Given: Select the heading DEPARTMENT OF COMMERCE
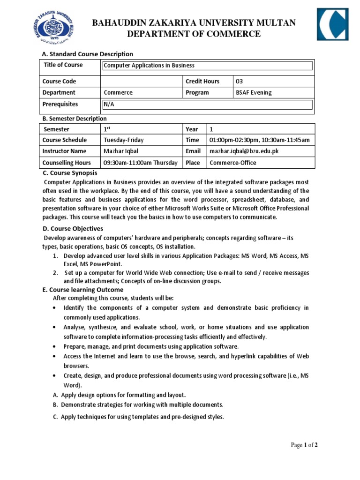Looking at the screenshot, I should pos(193,34).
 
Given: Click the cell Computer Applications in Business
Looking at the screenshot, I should pos(149,66).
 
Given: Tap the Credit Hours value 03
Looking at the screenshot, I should pos(240,82).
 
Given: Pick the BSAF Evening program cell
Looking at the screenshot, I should pos(254,93).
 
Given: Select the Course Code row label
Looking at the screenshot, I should pos(59,82).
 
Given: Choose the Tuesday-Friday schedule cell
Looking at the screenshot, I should pos(124,140).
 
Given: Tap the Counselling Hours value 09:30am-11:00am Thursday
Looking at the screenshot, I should pos(140,163).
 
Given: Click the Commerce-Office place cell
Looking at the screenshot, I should pos(233,163).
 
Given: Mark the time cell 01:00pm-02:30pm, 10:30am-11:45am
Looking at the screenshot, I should pos(259,140).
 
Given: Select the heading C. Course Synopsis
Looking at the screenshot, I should pos(70,173).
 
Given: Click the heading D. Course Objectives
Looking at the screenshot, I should pos(73,229).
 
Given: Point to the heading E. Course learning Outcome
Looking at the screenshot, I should pos(83,290).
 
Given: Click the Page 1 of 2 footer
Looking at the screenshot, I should pos(304,445).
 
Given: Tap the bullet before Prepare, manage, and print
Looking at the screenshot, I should pos(55,347).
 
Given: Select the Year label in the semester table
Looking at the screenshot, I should pos(192,129).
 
